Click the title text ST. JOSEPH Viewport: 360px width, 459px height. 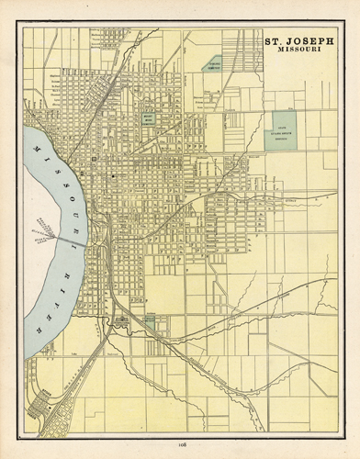pyautogui.click(x=298, y=41)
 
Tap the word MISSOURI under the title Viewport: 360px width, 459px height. pyautogui.click(x=298, y=51)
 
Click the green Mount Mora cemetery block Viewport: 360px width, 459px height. pyautogui.click(x=149, y=122)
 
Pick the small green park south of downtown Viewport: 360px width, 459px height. pyautogui.click(x=149, y=319)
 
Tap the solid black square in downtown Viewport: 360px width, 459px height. pyautogui.click(x=112, y=174)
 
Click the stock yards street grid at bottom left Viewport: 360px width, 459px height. pyautogui.click(x=46, y=404)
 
